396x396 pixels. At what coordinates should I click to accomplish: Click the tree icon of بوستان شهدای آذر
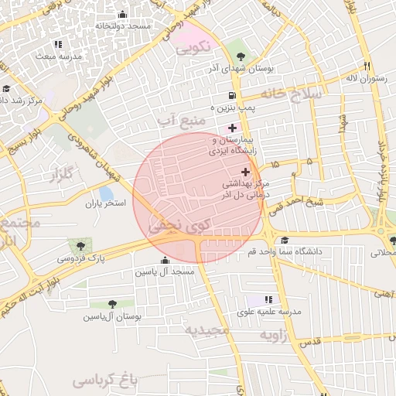241,56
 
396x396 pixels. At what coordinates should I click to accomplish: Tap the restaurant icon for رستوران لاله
367,67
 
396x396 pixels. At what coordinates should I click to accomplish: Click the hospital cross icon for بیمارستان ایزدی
232,127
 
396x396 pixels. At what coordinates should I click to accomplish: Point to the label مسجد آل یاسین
165,272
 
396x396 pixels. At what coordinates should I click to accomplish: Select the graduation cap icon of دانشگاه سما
285,241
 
